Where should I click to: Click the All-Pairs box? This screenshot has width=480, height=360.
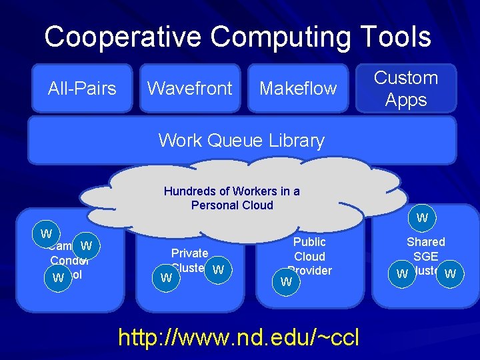(x=82, y=88)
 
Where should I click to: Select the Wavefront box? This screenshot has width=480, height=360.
(x=189, y=88)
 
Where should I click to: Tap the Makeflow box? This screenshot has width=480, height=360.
(x=298, y=88)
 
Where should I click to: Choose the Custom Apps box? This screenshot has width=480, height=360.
(x=405, y=89)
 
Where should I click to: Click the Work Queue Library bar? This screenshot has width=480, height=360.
(x=241, y=141)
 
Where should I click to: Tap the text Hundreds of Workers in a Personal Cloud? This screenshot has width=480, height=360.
(x=232, y=198)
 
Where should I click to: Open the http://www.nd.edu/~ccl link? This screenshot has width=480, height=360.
(x=239, y=337)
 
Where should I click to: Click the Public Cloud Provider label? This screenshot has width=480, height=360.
(x=309, y=256)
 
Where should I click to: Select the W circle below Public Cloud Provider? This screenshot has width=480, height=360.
(x=287, y=281)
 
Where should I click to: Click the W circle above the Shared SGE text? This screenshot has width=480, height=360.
(x=422, y=218)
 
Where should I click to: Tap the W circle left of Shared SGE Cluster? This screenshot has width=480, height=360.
(x=402, y=273)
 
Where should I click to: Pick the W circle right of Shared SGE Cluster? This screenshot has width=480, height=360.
(x=451, y=273)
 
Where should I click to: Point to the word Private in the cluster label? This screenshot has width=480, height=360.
(x=190, y=253)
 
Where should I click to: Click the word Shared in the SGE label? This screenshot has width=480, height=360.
(x=426, y=242)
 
